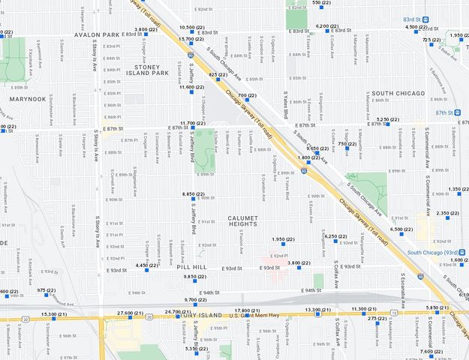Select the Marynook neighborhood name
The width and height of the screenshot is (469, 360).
point(28,98)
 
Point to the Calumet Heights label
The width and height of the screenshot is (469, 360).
point(242,221)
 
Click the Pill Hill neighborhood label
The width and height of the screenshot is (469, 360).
point(192,267)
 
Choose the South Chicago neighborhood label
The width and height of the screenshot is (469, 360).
point(398,94)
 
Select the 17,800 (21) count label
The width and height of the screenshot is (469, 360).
point(246,310)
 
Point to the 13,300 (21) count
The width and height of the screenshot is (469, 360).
point(317,310)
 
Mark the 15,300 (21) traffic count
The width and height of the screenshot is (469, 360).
point(53,314)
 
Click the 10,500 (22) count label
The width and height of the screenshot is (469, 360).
point(191,28)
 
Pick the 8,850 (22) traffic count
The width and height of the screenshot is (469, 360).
point(193,194)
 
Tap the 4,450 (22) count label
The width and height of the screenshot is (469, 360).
point(146,265)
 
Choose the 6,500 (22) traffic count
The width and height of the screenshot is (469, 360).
point(401,229)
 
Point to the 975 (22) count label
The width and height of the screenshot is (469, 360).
point(47,290)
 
